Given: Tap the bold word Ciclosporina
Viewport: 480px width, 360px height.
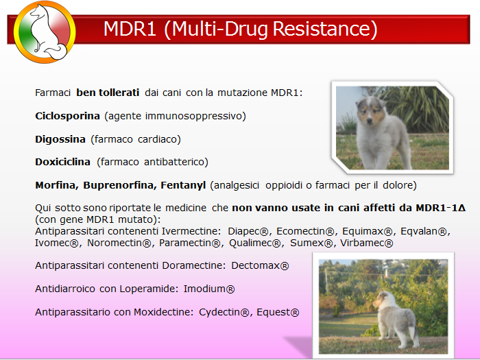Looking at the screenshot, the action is tap(67, 116).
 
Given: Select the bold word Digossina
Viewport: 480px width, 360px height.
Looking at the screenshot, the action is tap(60, 139).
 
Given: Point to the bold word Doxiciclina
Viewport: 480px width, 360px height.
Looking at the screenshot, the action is tap(63, 162).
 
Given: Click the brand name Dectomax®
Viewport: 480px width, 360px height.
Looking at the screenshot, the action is tap(260, 265).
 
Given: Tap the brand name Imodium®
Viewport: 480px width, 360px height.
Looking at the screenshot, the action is tap(209, 289).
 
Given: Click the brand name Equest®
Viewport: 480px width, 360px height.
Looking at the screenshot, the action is tap(278, 312).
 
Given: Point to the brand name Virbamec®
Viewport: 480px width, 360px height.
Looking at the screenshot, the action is tap(367, 243).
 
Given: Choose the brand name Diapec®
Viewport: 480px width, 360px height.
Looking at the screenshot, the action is tap(248, 231).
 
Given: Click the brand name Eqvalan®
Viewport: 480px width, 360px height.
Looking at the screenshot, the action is tap(425, 231).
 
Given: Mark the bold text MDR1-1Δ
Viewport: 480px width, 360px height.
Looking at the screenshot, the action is tap(440, 208).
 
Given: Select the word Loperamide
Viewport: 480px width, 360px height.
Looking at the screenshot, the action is tap(149, 289).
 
